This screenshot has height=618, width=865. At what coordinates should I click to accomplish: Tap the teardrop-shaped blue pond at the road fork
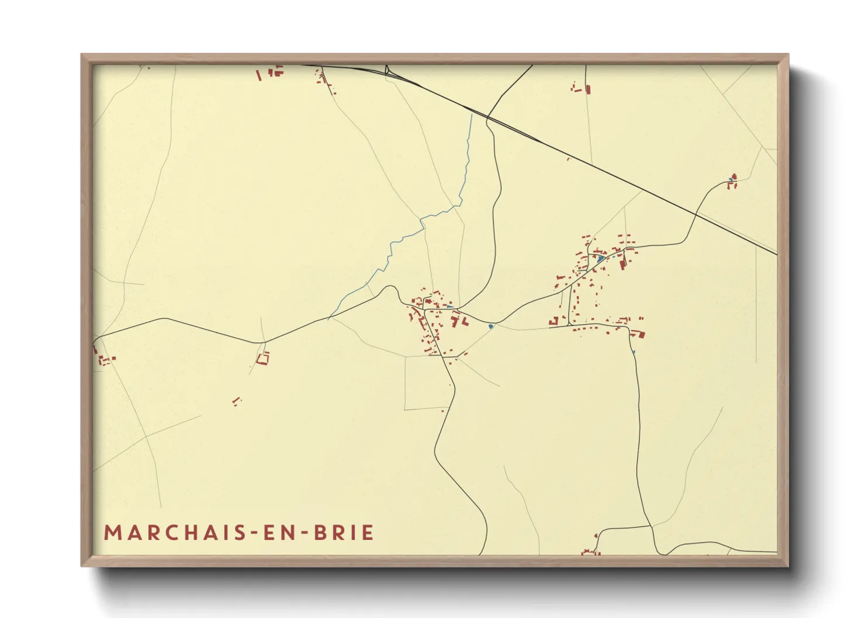click(x=491, y=327)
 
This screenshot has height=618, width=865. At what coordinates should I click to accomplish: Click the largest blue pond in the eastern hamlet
click(x=600, y=258)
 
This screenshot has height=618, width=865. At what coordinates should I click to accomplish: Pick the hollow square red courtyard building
click(x=263, y=358)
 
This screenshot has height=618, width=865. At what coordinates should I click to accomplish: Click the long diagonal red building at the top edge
click(x=259, y=75)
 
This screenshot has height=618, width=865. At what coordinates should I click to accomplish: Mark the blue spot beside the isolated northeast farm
click(x=731, y=179)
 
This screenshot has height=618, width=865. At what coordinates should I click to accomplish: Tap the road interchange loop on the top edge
click(x=387, y=71)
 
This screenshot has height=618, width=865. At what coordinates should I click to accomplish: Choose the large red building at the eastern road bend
click(x=638, y=334)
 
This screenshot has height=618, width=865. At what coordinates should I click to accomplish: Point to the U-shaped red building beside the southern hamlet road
click(x=553, y=321)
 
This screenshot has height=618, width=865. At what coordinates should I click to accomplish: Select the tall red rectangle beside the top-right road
click(x=587, y=89)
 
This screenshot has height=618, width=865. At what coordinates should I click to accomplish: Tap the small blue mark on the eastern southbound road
click(x=634, y=352)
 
